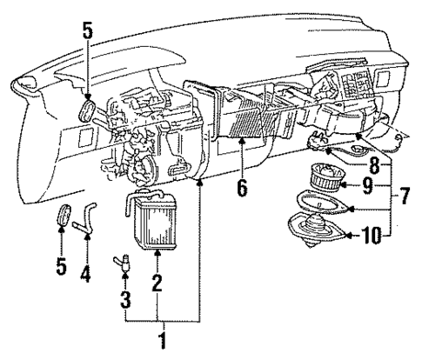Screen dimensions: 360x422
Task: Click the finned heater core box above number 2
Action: pyautogui.click(x=157, y=225)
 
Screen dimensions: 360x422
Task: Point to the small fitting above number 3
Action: pyautogui.click(x=124, y=258)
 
